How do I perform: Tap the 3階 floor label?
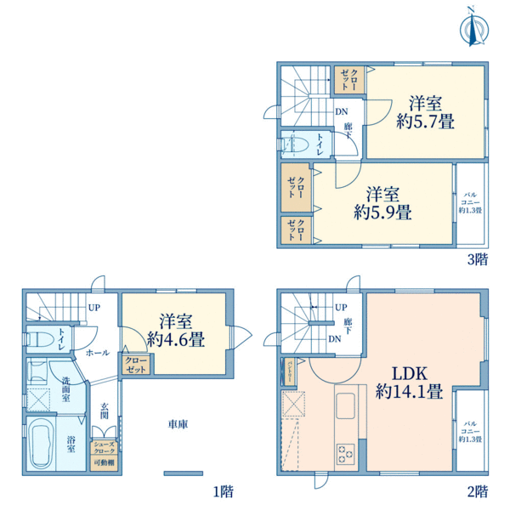pyautogui.click(x=477, y=260)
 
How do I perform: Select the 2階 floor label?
pyautogui.click(x=477, y=490)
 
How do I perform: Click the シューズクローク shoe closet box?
pyautogui.click(x=105, y=447)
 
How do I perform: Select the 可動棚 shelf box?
pyautogui.click(x=105, y=462)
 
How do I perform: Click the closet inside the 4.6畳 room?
pyautogui.click(x=136, y=365)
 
